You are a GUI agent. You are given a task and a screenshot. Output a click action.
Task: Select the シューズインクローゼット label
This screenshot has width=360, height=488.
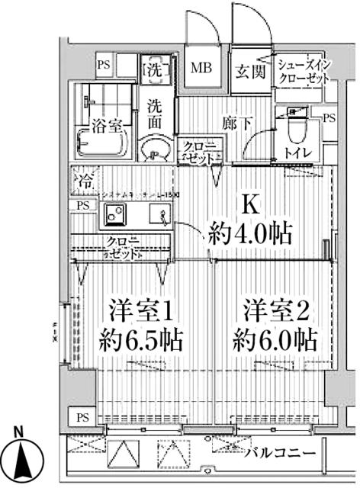(304, 71)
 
